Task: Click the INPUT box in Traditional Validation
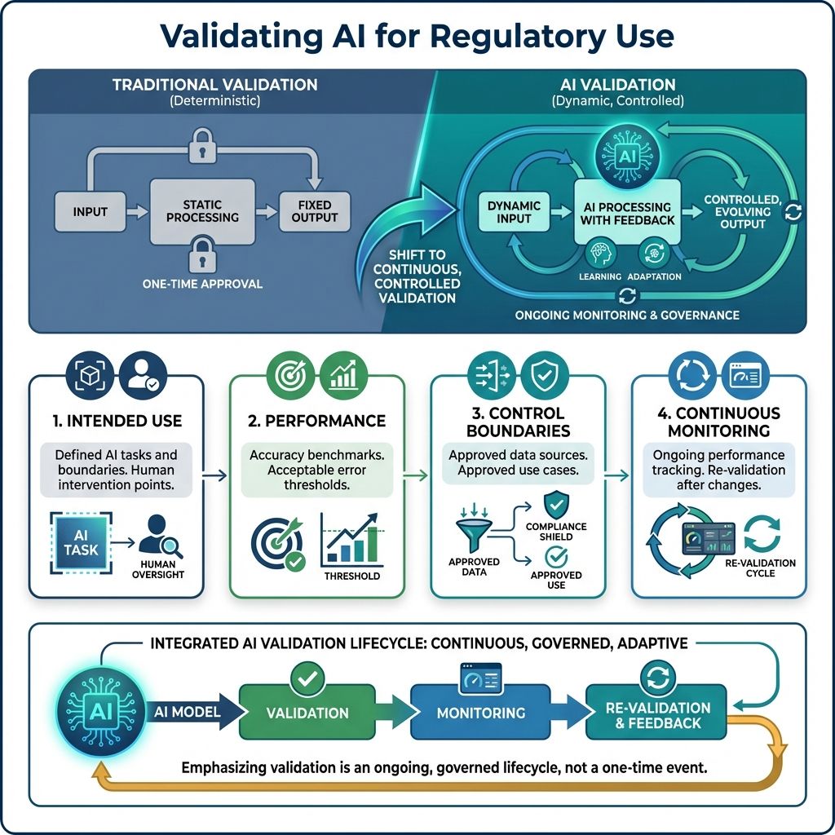(x=91, y=211)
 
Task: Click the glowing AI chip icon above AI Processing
(x=624, y=156)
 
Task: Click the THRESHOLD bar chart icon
(x=351, y=540)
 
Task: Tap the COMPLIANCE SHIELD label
(x=556, y=532)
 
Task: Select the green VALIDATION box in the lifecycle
(x=307, y=712)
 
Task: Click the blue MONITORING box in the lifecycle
(x=481, y=712)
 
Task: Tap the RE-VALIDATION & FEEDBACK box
(x=658, y=714)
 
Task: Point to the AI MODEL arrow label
(x=188, y=712)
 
